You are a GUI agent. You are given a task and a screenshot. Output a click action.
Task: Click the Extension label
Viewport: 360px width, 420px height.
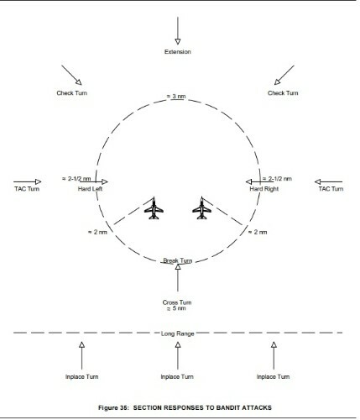(178, 52)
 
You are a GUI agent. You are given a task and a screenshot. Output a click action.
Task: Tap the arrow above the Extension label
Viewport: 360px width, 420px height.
(178, 31)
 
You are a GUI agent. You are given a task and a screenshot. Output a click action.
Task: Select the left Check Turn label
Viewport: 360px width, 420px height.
(72, 93)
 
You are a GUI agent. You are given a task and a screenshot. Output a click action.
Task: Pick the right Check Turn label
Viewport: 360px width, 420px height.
(283, 93)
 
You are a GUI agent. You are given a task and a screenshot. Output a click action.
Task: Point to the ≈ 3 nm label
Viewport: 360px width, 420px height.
(176, 97)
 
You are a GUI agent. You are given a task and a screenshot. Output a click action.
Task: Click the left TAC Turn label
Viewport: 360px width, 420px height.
(27, 189)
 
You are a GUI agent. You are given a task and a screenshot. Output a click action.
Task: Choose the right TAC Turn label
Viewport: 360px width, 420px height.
(331, 189)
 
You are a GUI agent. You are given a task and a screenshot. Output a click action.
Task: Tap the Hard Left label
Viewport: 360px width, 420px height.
(90, 189)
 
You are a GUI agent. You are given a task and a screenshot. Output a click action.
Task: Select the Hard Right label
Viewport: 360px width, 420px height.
(264, 189)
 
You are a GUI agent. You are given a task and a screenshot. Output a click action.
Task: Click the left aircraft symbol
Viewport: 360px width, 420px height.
(154, 208)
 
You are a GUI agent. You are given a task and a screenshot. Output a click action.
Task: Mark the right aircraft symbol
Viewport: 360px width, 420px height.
(201, 208)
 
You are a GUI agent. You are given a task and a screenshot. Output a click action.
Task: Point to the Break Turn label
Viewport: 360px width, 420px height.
(178, 260)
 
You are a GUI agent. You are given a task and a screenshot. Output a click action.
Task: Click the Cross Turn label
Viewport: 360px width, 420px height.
(177, 302)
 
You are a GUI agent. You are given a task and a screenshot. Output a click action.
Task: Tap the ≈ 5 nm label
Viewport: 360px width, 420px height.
(176, 308)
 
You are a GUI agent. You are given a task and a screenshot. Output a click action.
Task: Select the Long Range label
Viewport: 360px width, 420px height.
(178, 333)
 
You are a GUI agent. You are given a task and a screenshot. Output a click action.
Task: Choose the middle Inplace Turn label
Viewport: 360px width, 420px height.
(177, 376)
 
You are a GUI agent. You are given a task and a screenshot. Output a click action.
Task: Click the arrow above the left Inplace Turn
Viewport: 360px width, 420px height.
(81, 355)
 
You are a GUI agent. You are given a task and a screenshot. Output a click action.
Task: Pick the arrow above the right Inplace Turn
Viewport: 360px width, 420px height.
(274, 355)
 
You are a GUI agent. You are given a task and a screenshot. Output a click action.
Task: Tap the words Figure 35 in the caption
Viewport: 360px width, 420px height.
(113, 407)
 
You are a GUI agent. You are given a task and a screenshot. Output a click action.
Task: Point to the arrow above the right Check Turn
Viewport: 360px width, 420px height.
(284, 75)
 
